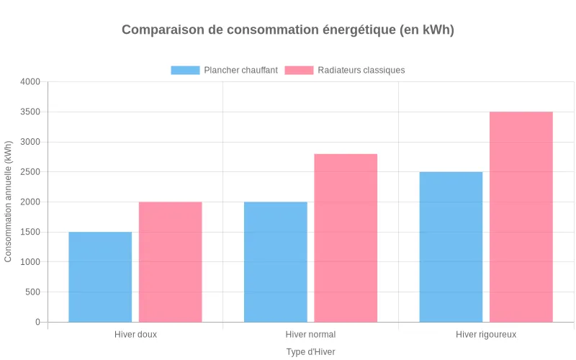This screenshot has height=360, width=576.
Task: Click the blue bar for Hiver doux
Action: [100, 277]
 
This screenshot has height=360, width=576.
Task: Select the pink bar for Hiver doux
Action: [170, 262]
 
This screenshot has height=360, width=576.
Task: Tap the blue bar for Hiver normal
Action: [276, 262]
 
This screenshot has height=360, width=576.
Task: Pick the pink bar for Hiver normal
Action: [346, 238]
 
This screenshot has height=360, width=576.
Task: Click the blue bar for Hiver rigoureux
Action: [451, 247]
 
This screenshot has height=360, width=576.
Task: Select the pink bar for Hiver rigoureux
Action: [521, 217]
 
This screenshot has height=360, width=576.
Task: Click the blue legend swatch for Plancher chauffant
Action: [185, 70]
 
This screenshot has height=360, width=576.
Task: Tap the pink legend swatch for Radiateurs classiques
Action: [299, 70]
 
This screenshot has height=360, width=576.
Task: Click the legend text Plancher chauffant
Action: [240, 70]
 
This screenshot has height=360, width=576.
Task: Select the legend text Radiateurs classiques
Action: [361, 70]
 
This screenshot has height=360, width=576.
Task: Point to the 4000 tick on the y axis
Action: [30, 82]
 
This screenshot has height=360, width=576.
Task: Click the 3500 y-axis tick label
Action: [30, 112]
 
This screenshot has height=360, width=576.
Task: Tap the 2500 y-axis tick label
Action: [30, 172]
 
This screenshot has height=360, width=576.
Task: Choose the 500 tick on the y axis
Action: [32, 292]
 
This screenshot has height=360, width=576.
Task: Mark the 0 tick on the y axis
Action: [37, 323]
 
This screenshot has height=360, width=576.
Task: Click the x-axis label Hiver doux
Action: [135, 335]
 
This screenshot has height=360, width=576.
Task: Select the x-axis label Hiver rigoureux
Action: [486, 335]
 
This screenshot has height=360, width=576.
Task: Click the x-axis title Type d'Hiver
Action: [310, 351]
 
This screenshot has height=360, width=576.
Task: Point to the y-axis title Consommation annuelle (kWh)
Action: [9, 202]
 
